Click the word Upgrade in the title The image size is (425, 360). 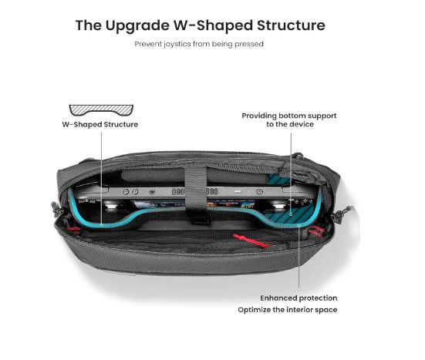tap(137, 26)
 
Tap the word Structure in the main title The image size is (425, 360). tap(291, 25)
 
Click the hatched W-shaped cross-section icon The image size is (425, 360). tap(101, 109)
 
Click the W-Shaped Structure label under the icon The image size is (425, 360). tap(100, 125)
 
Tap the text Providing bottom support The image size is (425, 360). tap(289, 116)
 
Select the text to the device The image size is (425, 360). tap(290, 124)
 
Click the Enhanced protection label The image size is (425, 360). tap(299, 298)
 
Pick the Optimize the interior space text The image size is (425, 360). tap(288, 310)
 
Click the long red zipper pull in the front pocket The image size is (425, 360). tap(251, 241)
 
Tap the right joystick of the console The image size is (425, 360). tap(278, 207)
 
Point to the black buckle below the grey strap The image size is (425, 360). tap(200, 219)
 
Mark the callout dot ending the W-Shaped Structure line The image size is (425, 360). tap(101, 225)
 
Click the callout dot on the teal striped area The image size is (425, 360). tap(291, 214)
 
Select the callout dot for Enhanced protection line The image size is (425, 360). tap(299, 225)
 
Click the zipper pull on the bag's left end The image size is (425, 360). tap(57, 210)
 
